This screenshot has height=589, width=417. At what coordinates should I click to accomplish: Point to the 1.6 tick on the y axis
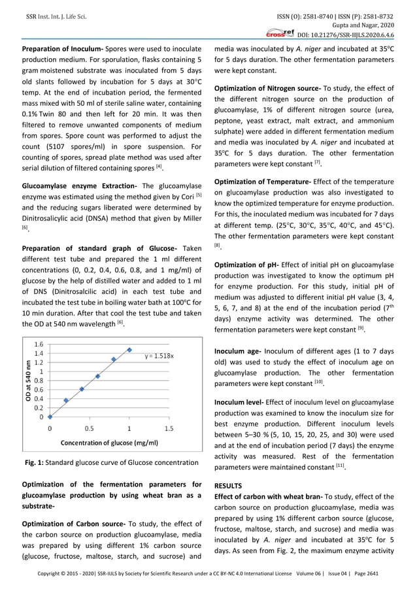[x=39, y=343]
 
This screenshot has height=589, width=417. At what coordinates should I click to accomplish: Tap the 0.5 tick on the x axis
[x=90, y=429]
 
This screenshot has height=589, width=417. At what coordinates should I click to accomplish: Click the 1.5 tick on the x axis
[x=168, y=429]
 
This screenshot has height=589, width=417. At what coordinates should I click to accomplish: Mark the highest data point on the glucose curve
[x=129, y=350]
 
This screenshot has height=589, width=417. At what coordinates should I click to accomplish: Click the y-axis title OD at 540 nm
[x=29, y=381]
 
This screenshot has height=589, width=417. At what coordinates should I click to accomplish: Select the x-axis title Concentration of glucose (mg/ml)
[x=109, y=443]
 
